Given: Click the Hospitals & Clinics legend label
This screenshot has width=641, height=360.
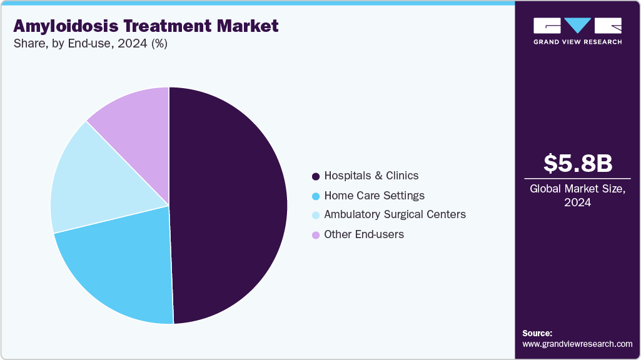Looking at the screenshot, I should pyautogui.click(x=371, y=176).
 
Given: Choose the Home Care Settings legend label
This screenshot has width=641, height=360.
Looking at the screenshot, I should pyautogui.click(x=374, y=196).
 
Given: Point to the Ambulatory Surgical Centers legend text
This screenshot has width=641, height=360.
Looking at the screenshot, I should pyautogui.click(x=395, y=214).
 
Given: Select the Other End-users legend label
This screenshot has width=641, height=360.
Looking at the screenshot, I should pyautogui.click(x=364, y=234).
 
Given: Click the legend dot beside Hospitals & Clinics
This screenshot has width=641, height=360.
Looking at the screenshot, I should pyautogui.click(x=316, y=176).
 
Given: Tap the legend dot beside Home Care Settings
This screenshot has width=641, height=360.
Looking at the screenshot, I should pyautogui.click(x=316, y=196).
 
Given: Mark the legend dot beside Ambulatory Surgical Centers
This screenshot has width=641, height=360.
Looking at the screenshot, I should pyautogui.click(x=316, y=215).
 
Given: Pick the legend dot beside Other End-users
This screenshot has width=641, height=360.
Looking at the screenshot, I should pyautogui.click(x=316, y=235).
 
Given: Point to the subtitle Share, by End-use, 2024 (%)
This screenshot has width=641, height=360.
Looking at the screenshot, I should pyautogui.click(x=90, y=44).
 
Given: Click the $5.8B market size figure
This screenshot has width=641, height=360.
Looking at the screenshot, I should pyautogui.click(x=577, y=163).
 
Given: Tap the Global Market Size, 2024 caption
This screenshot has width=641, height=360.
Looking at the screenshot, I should pyautogui.click(x=577, y=195).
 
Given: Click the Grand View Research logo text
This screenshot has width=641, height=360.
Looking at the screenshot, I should pyautogui.click(x=577, y=42).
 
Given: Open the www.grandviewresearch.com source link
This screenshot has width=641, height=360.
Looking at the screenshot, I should pyautogui.click(x=577, y=344).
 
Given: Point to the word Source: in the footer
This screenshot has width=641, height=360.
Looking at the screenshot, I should pyautogui.click(x=537, y=333).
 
